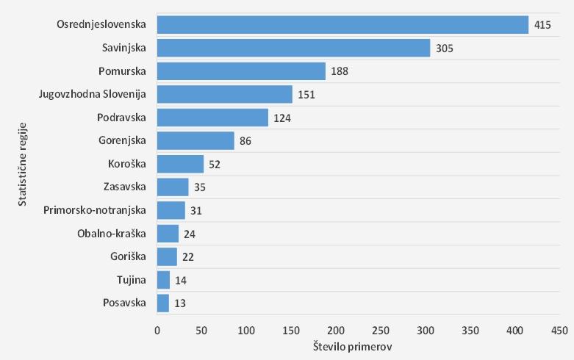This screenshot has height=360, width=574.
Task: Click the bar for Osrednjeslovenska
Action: point(342,25)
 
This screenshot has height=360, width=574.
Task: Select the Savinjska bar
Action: point(293,48)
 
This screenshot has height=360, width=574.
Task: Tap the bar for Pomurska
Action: point(241,71)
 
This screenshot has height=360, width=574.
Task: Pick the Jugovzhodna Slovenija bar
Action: point(224,94)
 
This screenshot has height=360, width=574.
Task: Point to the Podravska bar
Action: point(212,118)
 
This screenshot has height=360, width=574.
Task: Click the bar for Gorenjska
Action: point(195,140)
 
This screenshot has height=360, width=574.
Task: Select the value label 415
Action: point(542,25)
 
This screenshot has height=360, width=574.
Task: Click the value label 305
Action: point(444,48)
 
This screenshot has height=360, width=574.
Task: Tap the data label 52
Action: point(215,164)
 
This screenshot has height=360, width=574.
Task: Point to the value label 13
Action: point(179,303)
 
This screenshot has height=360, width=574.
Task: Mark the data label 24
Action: point(190,234)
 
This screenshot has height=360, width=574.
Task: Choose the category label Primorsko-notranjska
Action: point(95,210)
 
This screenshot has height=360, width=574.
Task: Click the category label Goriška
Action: point(126,256)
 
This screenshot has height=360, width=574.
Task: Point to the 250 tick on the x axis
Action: point(381,331)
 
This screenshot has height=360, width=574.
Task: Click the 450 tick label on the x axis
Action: point(559,331)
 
